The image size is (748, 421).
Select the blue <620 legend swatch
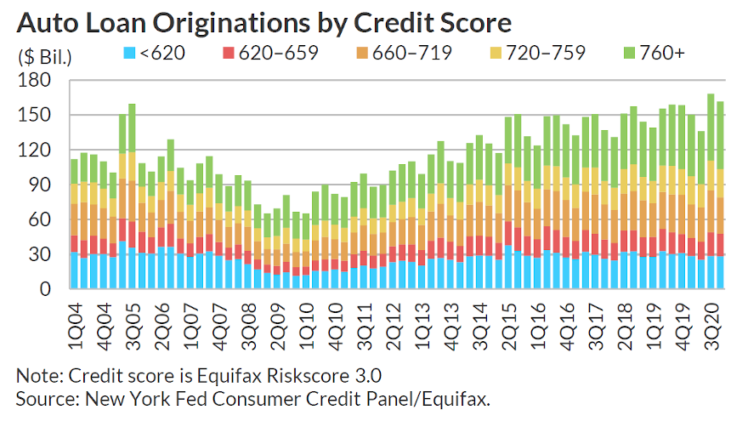pyautogui.click(x=129, y=54)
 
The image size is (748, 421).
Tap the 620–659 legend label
pyautogui.click(x=279, y=54)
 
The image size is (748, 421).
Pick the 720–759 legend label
pyautogui.click(x=547, y=54)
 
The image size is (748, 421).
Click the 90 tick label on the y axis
pyautogui.click(x=40, y=185)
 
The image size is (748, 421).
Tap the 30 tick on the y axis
pyautogui.click(x=40, y=255)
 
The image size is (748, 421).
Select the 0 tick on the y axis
pyautogui.click(x=48, y=290)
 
